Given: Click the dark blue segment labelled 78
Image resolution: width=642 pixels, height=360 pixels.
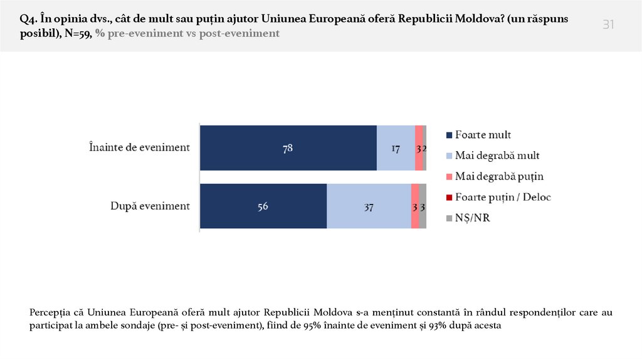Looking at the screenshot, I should pos(288,148).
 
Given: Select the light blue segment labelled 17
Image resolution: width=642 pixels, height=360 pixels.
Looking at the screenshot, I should pos(396,148).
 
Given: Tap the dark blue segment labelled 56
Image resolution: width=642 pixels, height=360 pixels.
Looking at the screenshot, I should pos(263,206).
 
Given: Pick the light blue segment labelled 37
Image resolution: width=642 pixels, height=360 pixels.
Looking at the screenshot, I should pos(369,206).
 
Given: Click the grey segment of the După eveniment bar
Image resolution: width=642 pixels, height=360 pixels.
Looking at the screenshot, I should pos(423,206).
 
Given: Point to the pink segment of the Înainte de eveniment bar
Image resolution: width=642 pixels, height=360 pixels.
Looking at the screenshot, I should pos(418,148).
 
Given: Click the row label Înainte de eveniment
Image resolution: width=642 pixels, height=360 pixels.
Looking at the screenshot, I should pos(139,148).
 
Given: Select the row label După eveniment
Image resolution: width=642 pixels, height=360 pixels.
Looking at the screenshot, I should pos(150,206).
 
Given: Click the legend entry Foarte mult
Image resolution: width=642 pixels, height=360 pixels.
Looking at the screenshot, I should pos(482,135).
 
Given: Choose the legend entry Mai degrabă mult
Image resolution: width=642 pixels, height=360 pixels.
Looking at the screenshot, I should pos(497,155).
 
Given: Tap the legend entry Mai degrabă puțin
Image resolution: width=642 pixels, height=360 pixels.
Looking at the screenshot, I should pos(498,176).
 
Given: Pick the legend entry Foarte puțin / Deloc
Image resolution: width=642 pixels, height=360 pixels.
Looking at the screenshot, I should pos(502,197).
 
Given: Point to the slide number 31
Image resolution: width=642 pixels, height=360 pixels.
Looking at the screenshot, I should pos(608,24).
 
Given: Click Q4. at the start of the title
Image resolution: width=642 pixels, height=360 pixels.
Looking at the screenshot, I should pos(28,19).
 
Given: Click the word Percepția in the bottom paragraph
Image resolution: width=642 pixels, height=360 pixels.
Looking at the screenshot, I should pos(50,312).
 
